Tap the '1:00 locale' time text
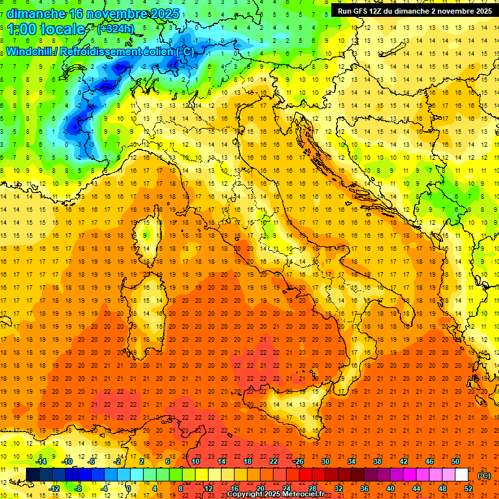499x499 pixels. [46, 29]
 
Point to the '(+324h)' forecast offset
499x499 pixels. [116, 29]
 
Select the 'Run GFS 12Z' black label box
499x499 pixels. [414, 11]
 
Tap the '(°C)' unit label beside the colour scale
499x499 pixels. [484, 475]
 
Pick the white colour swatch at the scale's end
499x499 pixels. [461, 475]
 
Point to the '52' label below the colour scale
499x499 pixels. [468, 489]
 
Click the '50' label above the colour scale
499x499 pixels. [455, 461]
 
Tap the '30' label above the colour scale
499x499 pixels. [326, 461]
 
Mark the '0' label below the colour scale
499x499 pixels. [128, 489]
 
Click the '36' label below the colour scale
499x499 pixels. [365, 489]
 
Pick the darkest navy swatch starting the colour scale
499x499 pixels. [32, 475]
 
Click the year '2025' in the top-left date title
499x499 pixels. [164, 14]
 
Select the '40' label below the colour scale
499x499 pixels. [390, 489]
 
